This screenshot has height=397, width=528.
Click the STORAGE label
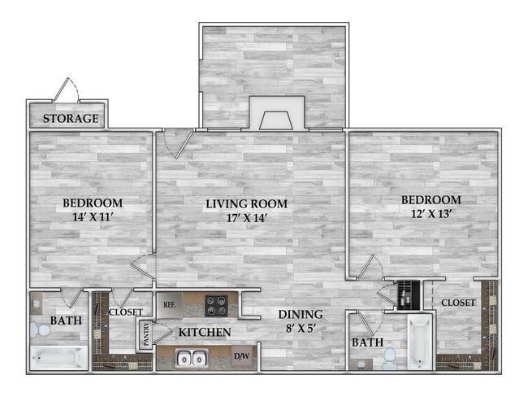[x=71, y=119]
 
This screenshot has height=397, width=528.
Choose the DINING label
[x=301, y=315]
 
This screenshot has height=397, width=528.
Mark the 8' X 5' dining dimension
[x=301, y=329]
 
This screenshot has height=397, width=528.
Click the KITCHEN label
[x=206, y=332]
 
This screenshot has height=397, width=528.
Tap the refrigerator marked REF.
[x=170, y=304]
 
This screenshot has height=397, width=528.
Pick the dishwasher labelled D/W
[x=242, y=356]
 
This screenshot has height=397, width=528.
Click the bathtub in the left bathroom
[x=58, y=356]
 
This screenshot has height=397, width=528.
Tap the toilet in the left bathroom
[x=38, y=330]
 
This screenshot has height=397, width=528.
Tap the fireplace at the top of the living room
[x=276, y=113]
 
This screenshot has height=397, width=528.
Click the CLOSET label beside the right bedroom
[x=458, y=303]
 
